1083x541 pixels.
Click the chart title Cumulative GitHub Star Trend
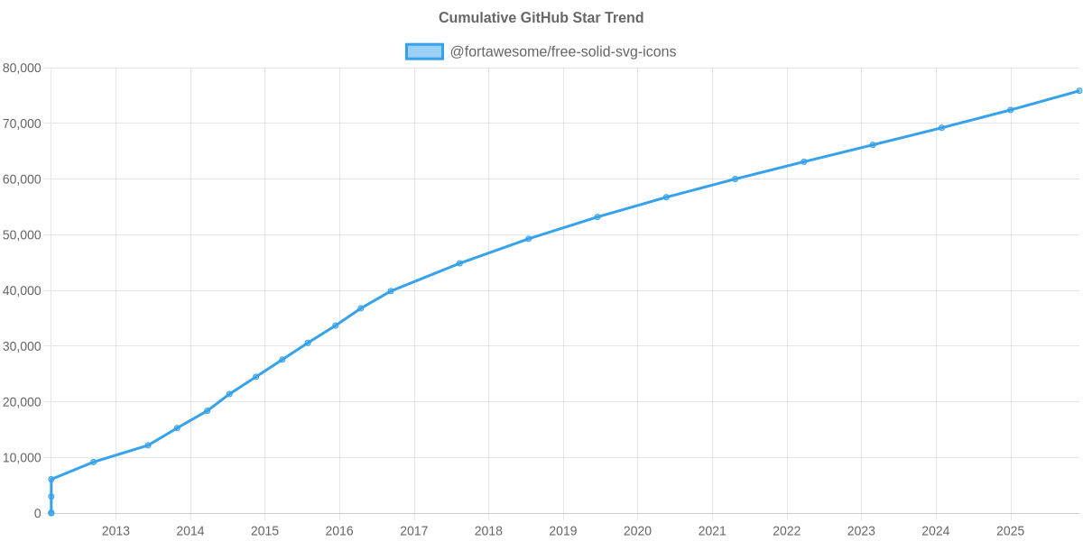[x=541, y=18]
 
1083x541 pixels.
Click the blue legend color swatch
[x=424, y=51]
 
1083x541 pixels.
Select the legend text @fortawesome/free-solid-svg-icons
[x=562, y=51]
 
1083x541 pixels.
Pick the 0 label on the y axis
[x=37, y=514]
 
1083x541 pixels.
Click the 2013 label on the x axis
[x=116, y=531]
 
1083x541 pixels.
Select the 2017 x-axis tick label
[x=413, y=531]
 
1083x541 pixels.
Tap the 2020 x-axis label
[x=637, y=531]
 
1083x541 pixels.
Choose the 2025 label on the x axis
[x=1010, y=531]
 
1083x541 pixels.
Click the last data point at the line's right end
[x=1078, y=91]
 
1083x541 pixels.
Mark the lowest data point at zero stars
[x=51, y=513]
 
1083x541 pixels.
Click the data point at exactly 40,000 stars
[x=391, y=291]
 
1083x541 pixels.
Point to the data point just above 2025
[x=1010, y=110]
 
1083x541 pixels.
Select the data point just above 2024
[x=941, y=128]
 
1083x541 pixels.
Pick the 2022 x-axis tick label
[x=786, y=531]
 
